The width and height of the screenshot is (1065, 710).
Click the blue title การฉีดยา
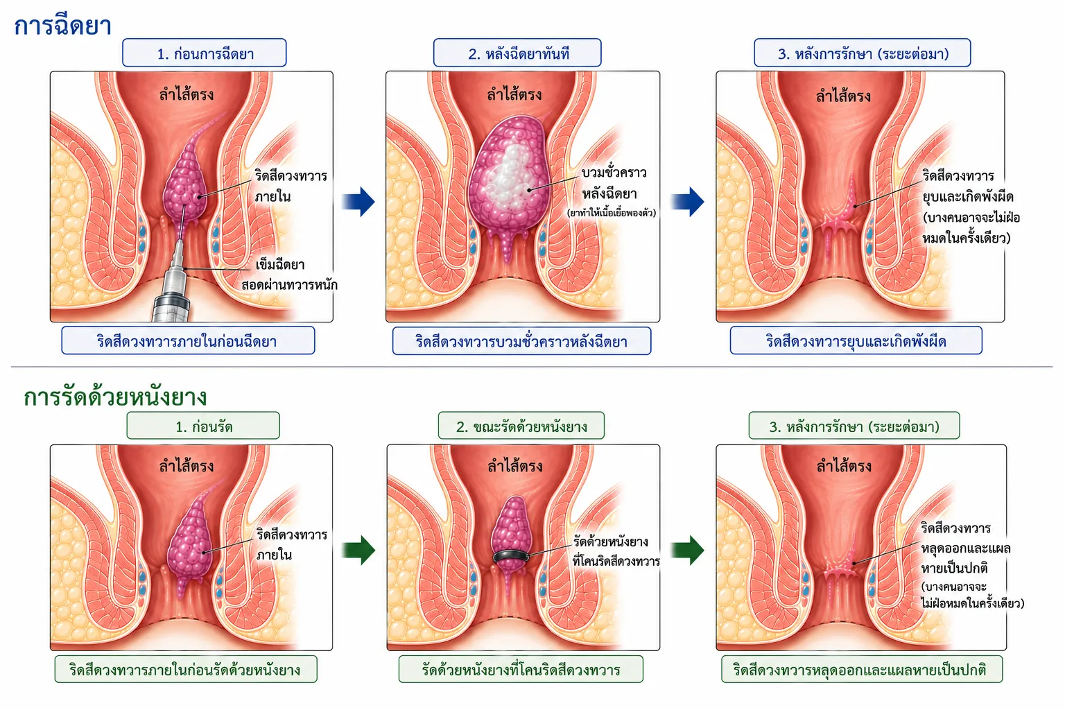[63, 26]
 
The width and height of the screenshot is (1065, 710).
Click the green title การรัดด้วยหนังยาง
[115, 397]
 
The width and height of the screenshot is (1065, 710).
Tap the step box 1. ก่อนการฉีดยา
[205, 53]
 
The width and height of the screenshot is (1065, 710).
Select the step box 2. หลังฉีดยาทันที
[517, 53]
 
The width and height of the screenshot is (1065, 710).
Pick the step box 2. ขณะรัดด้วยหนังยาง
[521, 426]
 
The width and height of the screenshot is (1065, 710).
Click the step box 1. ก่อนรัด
[203, 426]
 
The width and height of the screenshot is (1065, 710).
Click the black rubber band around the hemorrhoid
[510, 555]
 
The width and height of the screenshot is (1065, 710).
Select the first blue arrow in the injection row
[358, 202]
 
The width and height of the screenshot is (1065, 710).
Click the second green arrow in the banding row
[688, 551]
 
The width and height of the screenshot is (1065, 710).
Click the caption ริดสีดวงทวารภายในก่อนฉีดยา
[187, 341]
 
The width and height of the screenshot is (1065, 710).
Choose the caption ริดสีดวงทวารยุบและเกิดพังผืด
[856, 341]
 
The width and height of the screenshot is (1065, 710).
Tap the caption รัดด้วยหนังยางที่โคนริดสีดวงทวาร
[521, 670]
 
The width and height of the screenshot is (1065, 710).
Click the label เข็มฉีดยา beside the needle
[279, 265]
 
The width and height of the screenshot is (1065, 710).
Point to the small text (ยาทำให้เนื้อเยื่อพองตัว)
[612, 213]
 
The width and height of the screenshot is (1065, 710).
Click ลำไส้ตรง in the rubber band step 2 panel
[515, 465]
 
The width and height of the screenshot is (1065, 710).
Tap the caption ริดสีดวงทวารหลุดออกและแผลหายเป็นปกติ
[862, 670]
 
